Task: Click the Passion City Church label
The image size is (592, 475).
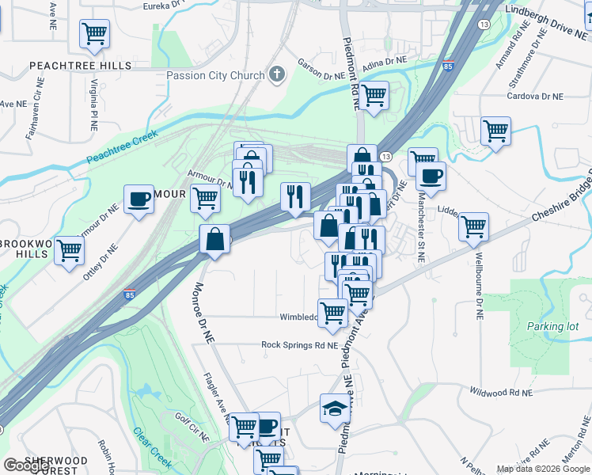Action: tap(214, 76)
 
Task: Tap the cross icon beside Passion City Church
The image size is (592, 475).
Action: tap(275, 76)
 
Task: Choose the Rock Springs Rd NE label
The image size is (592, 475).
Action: tap(300, 345)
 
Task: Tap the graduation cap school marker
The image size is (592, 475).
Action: tap(335, 408)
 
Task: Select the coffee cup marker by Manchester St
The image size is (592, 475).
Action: tap(431, 176)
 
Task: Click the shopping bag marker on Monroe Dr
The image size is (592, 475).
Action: tap(215, 237)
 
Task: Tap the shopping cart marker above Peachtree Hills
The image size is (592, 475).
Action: tap(94, 33)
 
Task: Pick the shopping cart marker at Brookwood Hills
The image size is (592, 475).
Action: tap(70, 249)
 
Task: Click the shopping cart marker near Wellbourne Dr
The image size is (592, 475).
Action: tap(473, 226)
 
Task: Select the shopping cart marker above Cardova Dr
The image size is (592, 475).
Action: tap(496, 131)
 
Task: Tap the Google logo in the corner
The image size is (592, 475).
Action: tap(26, 465)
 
